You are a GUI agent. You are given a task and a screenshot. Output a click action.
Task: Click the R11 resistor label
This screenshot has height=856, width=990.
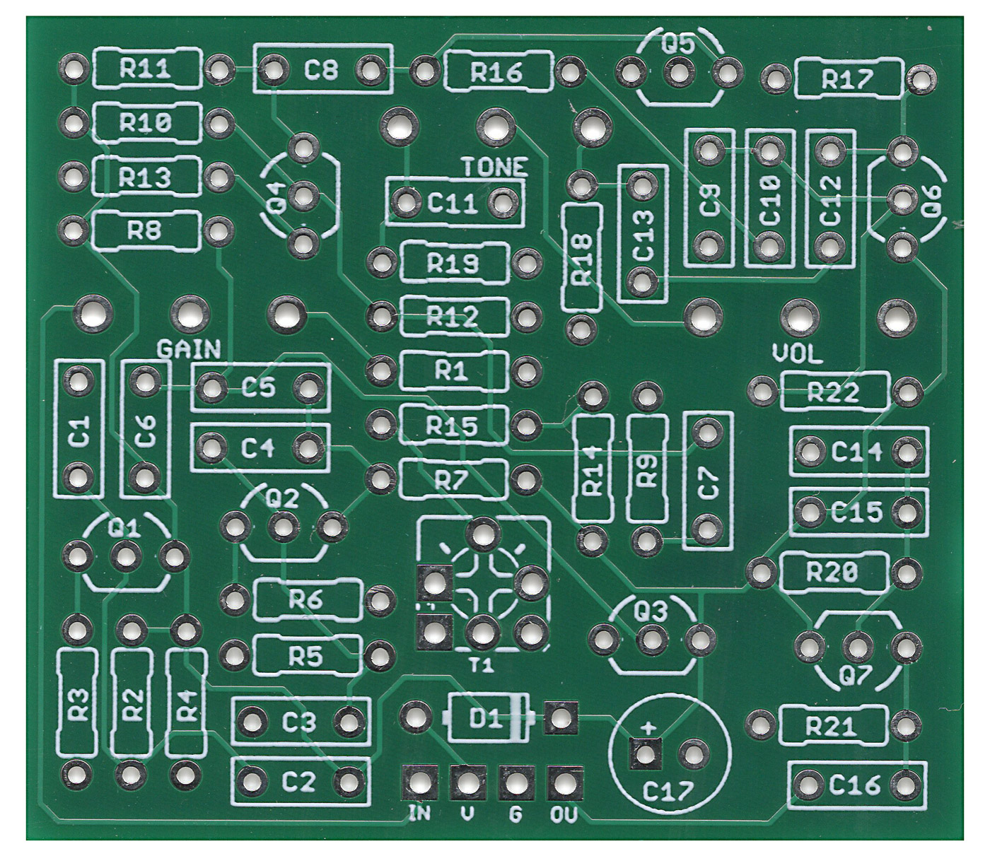pos(145,69)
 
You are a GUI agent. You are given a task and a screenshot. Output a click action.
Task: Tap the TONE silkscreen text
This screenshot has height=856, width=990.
pos(495,167)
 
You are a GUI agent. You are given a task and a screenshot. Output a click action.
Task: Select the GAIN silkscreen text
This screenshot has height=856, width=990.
pos(188,348)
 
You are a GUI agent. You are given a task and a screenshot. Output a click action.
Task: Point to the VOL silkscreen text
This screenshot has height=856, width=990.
pos(797,353)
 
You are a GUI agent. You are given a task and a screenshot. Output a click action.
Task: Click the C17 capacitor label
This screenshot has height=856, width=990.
pos(668,792)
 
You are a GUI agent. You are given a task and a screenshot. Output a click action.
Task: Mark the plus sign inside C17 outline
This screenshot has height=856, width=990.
pos(647,728)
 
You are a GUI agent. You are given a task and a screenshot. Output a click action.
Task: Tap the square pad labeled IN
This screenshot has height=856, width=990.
pos(419,782)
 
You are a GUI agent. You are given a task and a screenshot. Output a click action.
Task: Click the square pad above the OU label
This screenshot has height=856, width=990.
pos(564,782)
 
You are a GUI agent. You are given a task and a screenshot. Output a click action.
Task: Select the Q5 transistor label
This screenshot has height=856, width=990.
pos(678,45)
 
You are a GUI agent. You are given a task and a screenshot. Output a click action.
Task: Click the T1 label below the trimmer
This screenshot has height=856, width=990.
pos(481,665)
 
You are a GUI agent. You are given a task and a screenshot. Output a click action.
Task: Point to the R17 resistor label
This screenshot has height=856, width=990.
pos(847,80)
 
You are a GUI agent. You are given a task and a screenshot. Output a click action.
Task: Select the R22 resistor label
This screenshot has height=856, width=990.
pos(833,392)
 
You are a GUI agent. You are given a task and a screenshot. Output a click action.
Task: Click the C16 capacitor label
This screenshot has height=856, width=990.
pos(855,784)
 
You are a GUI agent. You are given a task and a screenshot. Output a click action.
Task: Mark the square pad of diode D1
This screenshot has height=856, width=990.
pos(561,719)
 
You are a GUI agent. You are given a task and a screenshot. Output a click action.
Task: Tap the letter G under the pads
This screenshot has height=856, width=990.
pos(515,815)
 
